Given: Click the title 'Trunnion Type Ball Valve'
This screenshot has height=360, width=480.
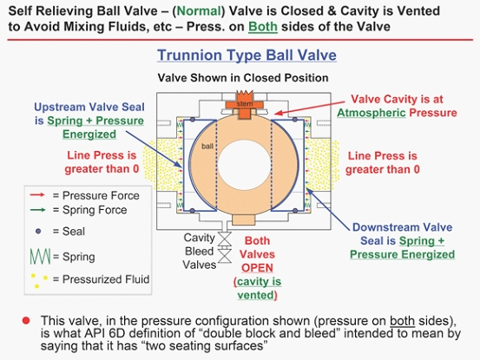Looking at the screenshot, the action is [247, 56].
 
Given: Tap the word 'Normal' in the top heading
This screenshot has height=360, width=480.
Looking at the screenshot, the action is [199, 11].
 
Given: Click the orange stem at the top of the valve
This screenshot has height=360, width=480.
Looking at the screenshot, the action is [244, 105].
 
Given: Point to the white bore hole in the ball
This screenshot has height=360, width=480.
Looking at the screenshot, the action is [245, 166].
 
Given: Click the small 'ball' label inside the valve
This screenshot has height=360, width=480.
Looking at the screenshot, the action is [207, 147].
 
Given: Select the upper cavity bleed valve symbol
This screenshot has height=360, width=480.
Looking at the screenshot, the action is [225, 239].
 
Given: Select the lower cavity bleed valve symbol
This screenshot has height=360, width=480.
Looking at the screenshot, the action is [225, 256].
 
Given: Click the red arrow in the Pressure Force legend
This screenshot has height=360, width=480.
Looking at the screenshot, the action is [37, 195].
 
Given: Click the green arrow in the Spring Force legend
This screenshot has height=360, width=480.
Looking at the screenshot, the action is [37, 210].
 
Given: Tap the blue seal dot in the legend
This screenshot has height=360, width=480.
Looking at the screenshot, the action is [38, 232].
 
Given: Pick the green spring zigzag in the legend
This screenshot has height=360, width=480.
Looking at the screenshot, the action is [40, 257].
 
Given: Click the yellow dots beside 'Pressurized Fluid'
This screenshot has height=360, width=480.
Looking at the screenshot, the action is [39, 280].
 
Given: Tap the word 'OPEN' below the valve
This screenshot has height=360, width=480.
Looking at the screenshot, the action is [257, 268].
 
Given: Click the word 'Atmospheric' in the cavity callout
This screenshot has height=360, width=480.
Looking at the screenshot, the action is [372, 113].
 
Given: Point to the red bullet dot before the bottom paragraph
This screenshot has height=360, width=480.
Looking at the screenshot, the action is [26, 321].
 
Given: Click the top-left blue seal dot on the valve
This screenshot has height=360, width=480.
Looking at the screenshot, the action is [193, 120].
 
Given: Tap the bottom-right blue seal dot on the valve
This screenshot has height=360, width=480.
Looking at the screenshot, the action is [295, 211].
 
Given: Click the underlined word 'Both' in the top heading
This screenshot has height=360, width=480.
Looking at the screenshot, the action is [263, 27].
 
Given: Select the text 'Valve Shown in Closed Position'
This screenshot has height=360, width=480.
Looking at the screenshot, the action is [243, 78].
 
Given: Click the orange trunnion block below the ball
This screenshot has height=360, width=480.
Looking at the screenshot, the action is [243, 219].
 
